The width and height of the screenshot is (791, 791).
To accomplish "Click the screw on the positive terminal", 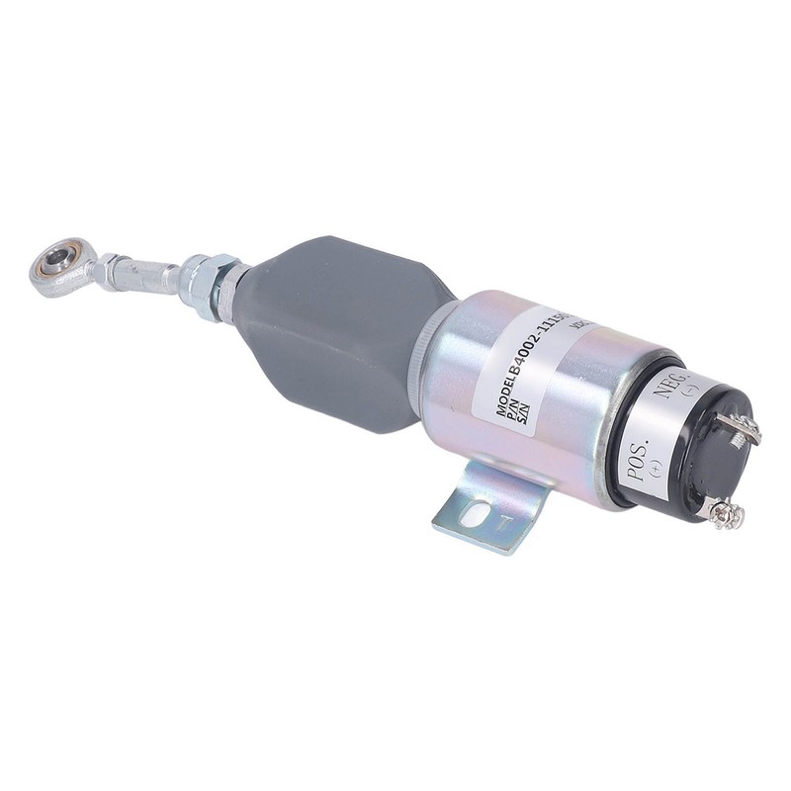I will [x=722, y=511].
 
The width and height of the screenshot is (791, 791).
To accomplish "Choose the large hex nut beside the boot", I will [x=212, y=287].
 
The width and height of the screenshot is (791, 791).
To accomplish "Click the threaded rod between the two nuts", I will [x=158, y=276].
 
